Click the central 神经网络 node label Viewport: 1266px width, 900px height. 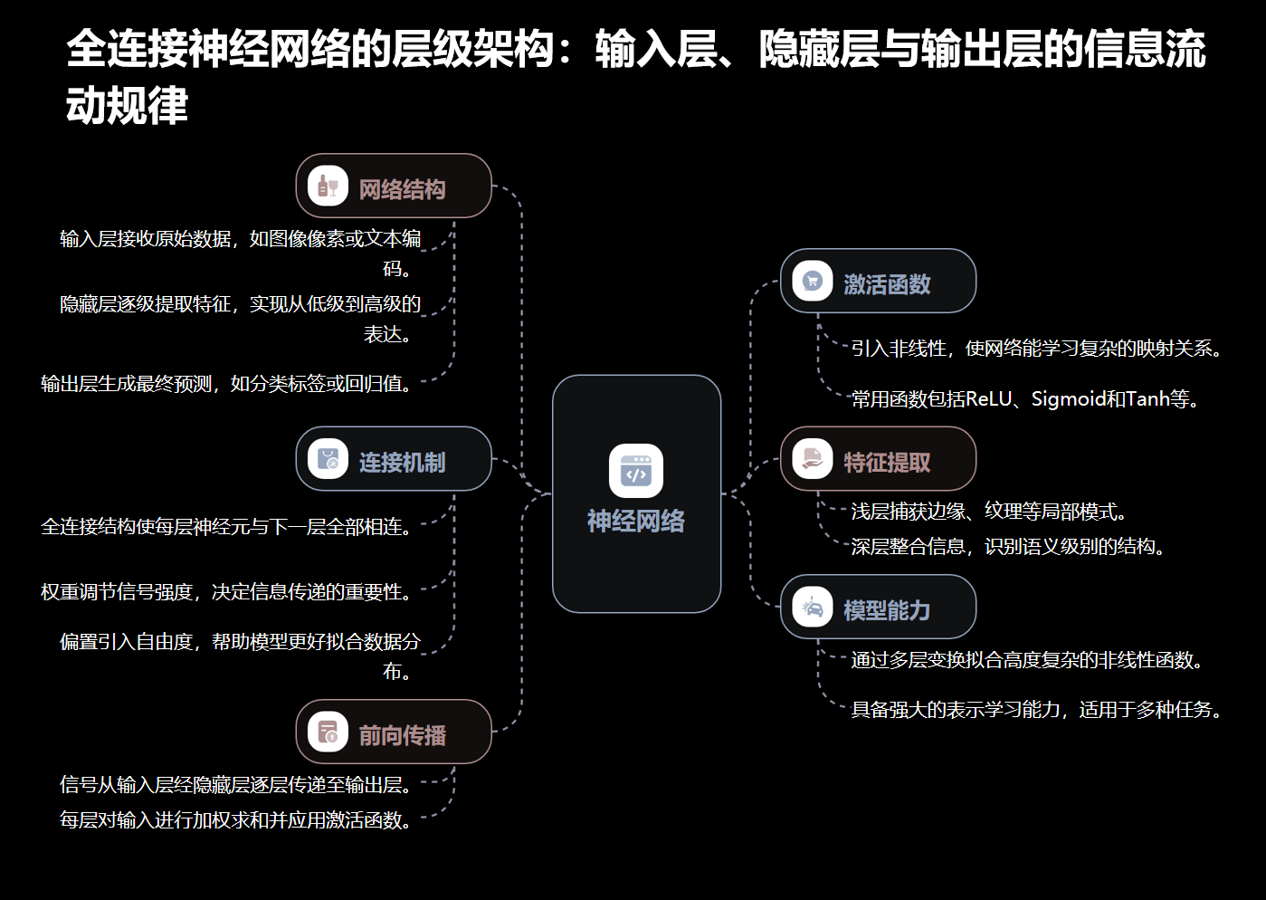coord(635,522)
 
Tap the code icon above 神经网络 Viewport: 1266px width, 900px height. coord(636,471)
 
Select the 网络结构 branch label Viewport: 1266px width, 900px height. coord(402,189)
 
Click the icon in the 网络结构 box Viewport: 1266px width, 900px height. coord(328,187)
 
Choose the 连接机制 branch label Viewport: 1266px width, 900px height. coord(402,463)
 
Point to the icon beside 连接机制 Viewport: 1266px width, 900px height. coord(328,460)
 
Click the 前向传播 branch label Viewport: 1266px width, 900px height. coord(402,735)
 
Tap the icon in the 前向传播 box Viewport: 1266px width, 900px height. coord(328,732)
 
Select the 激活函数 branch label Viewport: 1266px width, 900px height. coord(887,284)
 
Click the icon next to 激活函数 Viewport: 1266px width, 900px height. coord(813,282)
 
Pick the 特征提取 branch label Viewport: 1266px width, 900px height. coord(887,463)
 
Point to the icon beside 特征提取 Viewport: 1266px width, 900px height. coord(813,460)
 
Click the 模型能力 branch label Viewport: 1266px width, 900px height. coord(887,610)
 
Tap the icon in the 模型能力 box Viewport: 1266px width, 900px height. coord(813,608)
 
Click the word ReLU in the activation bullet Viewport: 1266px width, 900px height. coord(988,399)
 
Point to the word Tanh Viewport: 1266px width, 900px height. coord(1147,399)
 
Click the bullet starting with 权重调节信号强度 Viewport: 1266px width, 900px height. coord(227,592)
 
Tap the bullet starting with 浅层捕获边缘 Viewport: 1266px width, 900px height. coord(989,512)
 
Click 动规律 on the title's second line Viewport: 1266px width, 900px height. coord(127,106)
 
